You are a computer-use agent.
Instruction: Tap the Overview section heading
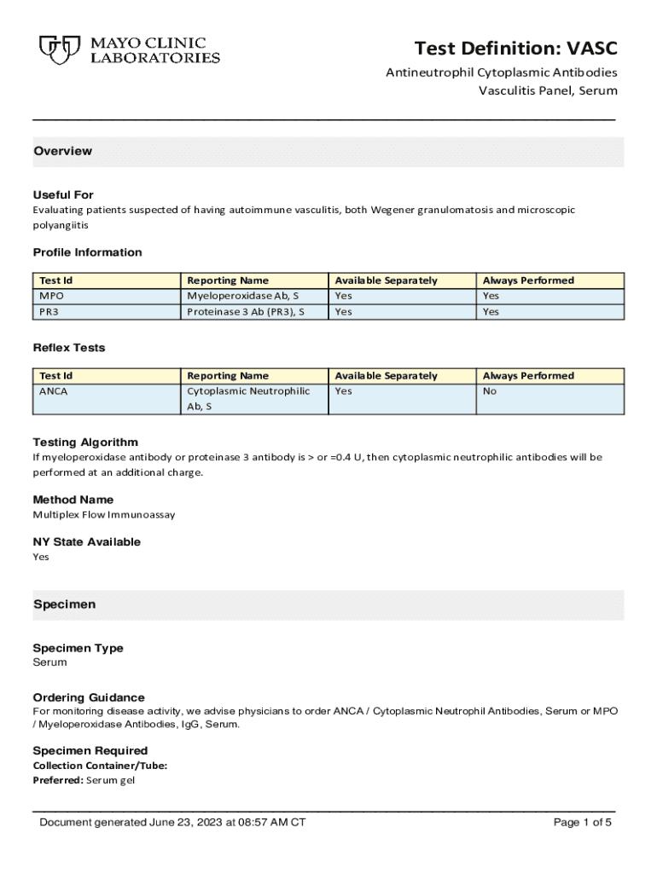point(62,151)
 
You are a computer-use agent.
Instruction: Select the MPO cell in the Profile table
point(52,296)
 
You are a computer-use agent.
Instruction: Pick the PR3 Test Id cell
point(49,312)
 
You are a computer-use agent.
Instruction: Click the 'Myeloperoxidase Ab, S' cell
point(243,296)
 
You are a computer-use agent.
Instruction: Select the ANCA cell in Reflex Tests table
point(54,391)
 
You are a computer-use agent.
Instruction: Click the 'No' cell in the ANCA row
point(490,391)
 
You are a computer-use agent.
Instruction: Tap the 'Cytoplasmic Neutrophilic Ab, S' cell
point(248,399)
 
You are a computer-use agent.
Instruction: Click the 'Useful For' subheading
point(63,194)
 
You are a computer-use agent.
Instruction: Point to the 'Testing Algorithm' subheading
point(85,442)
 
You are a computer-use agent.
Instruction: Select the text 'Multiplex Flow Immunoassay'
point(104,515)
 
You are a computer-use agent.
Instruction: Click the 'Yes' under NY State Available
point(41,557)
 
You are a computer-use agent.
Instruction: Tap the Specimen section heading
point(64,604)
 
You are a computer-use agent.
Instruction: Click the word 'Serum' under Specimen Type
point(49,662)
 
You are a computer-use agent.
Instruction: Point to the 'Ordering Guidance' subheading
point(89,697)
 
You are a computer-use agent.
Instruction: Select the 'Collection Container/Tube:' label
point(100,766)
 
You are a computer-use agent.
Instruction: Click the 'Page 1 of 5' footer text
point(583,823)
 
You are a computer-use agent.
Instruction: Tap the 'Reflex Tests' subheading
point(69,348)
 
